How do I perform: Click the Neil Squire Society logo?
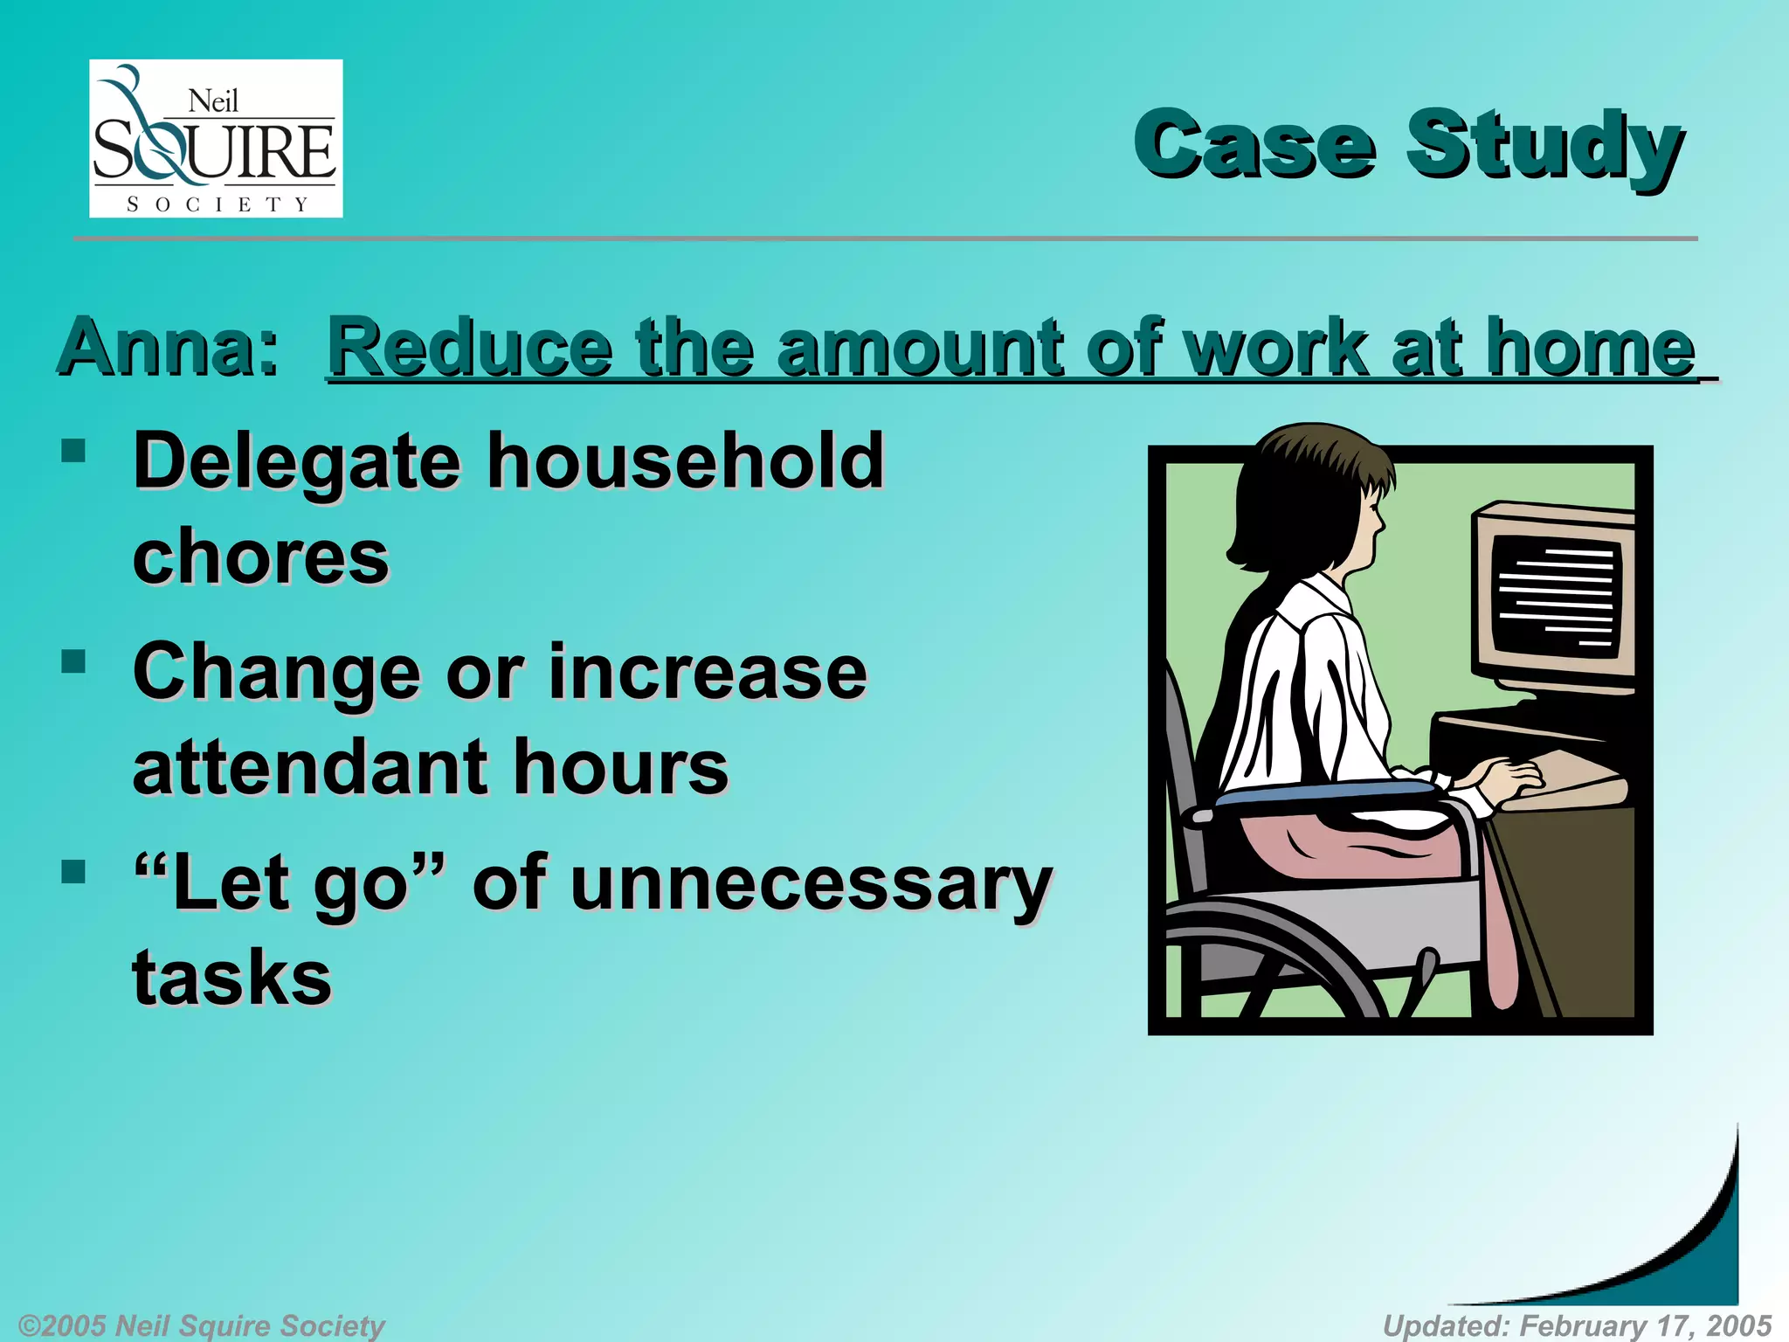click(216, 138)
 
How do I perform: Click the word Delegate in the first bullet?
click(296, 463)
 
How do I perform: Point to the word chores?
click(260, 557)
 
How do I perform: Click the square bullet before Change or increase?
click(74, 661)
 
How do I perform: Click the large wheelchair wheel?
click(1267, 961)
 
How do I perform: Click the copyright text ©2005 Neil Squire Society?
click(201, 1325)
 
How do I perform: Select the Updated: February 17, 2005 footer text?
click(1577, 1325)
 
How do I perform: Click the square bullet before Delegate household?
click(74, 451)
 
